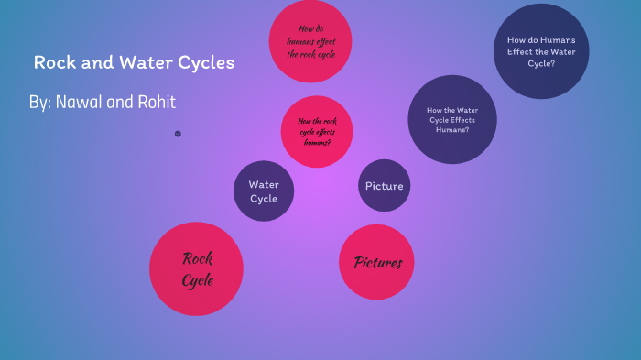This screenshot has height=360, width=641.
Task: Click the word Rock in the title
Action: (53, 63)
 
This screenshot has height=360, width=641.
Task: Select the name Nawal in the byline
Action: (83, 102)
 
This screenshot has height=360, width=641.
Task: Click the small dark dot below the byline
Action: (178, 134)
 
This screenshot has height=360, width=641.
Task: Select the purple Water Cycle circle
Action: (264, 191)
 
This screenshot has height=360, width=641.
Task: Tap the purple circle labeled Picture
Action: (384, 186)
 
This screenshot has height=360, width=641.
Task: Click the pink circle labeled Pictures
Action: (378, 263)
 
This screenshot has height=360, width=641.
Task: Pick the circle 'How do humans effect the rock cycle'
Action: (311, 41)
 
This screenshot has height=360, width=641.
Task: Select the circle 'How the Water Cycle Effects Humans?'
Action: (451, 119)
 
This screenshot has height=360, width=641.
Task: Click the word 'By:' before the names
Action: (40, 102)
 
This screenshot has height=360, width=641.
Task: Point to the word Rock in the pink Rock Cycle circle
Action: (197, 258)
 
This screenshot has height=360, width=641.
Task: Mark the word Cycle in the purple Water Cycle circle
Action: (264, 199)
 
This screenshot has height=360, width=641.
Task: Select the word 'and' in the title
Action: (92, 63)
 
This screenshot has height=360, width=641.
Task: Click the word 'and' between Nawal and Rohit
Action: (121, 102)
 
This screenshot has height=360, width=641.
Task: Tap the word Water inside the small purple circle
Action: (264, 184)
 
